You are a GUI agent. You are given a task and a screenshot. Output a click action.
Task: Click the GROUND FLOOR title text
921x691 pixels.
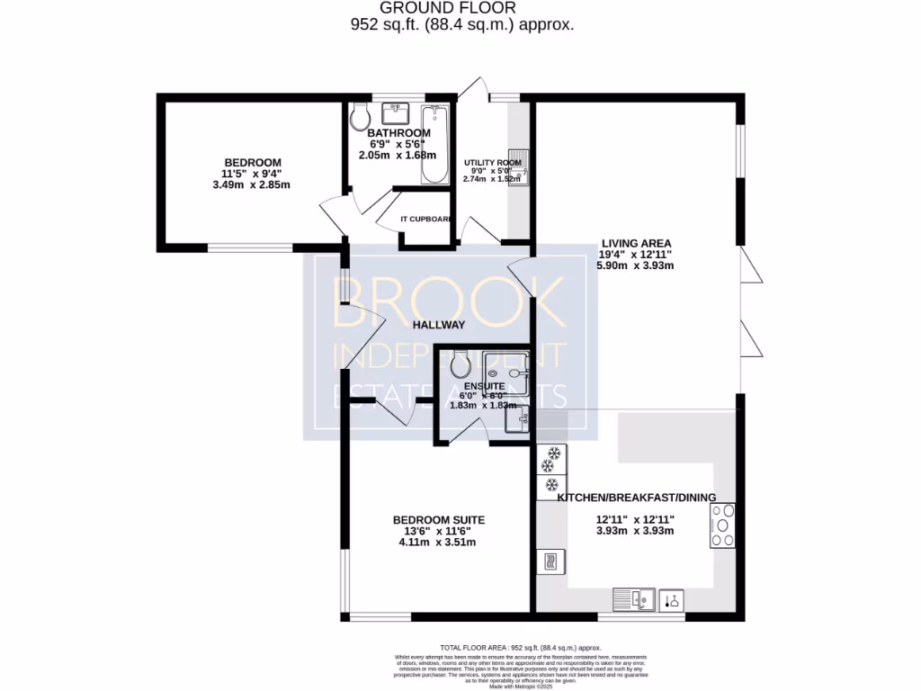click(x=460, y=8)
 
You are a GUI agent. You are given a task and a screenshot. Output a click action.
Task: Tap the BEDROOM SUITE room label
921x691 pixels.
click(x=439, y=520)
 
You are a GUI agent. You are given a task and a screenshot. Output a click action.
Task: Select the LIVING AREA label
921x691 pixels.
click(x=636, y=243)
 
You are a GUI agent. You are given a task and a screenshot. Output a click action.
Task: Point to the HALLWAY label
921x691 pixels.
click(x=439, y=325)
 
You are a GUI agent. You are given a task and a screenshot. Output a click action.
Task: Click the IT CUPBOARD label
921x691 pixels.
click(x=425, y=219)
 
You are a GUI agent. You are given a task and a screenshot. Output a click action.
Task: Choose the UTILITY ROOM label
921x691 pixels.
click(x=492, y=163)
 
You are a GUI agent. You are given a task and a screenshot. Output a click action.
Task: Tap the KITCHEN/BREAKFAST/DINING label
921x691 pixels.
click(x=637, y=498)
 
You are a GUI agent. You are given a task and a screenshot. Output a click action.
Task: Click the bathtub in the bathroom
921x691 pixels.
click(x=434, y=144)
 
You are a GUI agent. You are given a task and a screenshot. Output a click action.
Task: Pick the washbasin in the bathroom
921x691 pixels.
click(x=397, y=113)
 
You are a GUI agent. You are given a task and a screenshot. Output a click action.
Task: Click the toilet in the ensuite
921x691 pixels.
click(x=460, y=366)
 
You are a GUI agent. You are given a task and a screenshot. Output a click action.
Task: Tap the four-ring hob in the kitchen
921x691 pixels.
click(x=722, y=525)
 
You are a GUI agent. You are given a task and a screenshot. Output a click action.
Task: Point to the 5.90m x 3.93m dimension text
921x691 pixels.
click(x=636, y=265)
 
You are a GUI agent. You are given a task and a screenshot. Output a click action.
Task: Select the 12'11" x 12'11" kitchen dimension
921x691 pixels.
click(x=636, y=519)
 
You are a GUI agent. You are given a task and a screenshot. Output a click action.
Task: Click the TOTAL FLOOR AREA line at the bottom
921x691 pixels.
click(x=522, y=648)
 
